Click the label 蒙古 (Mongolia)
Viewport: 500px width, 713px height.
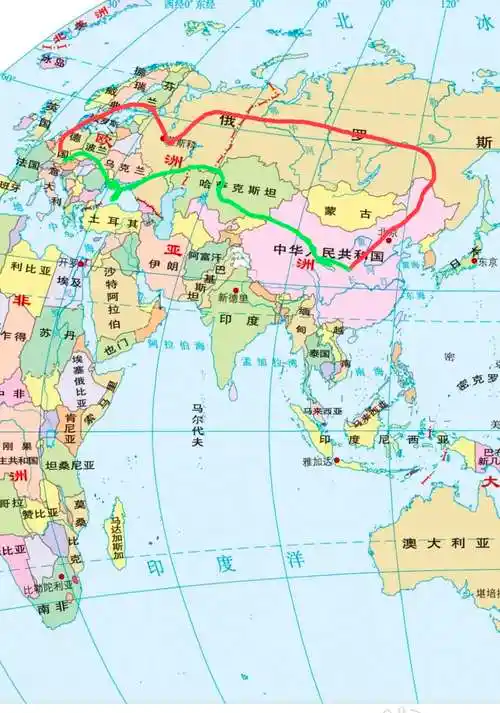pos(347,213)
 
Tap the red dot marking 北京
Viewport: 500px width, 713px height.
pos(388,240)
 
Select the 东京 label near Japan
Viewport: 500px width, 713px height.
pos(487,262)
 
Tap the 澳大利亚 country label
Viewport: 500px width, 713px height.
pos(446,544)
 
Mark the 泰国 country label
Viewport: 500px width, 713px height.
pos(319,354)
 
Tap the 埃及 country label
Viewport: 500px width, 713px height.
pos(69,283)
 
